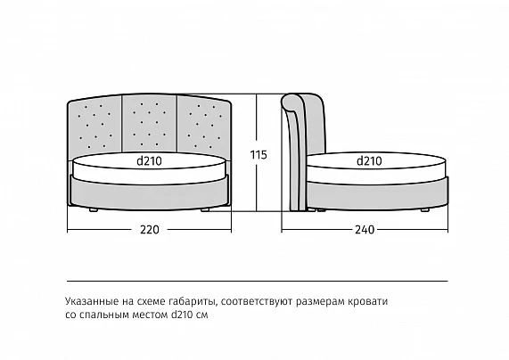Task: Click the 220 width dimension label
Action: click(150, 230)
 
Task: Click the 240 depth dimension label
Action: click(365, 230)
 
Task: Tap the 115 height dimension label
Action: click(259, 155)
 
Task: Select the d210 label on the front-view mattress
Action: click(149, 161)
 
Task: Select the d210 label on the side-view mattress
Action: click(369, 161)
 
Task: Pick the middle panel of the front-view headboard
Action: click(150, 123)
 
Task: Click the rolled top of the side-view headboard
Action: click(292, 102)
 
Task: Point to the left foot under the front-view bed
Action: click(94, 210)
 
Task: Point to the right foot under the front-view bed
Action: click(205, 210)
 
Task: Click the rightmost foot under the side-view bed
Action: click(425, 210)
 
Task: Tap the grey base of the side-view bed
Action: click(376, 194)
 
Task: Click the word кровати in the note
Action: click(367, 301)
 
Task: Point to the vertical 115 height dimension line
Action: click(257, 152)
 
